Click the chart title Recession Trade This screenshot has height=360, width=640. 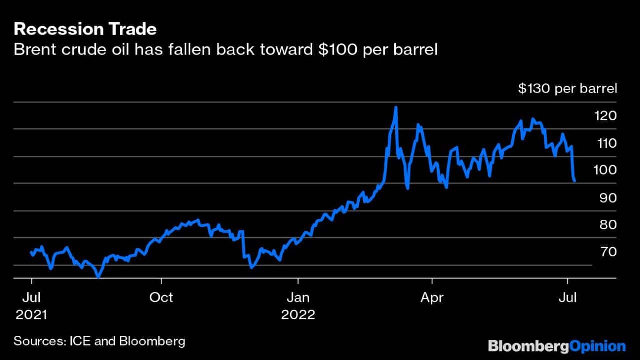click(x=85, y=29)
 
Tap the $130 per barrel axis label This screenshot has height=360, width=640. click(x=567, y=89)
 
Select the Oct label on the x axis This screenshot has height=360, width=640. click(x=161, y=298)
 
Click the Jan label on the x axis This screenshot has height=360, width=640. click(x=298, y=298)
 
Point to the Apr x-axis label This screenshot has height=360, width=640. click(x=431, y=298)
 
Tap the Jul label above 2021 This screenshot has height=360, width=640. click(x=31, y=298)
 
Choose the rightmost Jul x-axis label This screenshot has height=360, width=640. click(x=567, y=298)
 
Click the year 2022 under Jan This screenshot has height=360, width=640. click(x=298, y=315)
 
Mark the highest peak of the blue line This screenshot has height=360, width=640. click(x=396, y=107)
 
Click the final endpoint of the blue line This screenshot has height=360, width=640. click(x=575, y=181)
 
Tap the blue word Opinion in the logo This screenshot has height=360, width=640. click(x=598, y=346)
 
